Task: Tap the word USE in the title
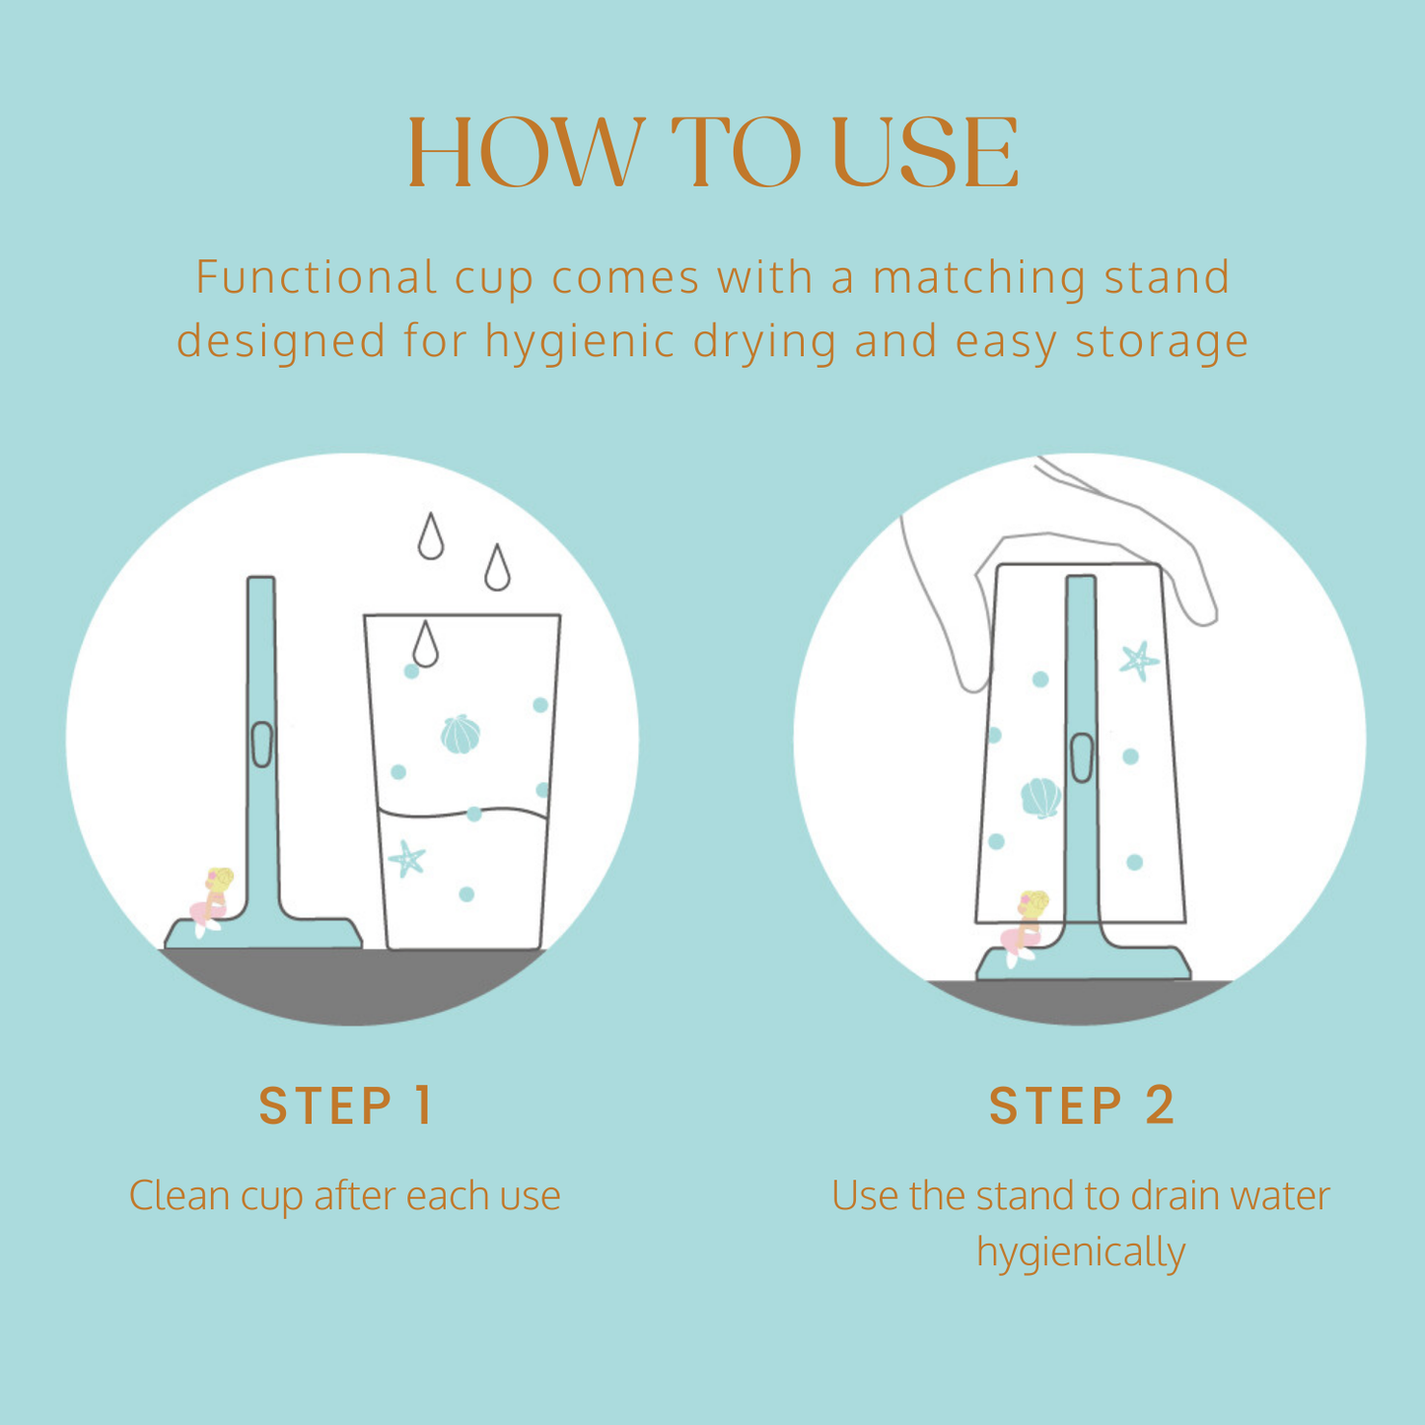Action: coord(925,152)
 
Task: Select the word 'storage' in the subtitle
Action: coord(1161,342)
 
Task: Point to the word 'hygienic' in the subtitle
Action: coord(580,342)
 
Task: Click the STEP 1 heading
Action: coord(345,1106)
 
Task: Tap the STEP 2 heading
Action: coord(1082,1106)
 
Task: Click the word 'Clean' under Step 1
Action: coord(178,1196)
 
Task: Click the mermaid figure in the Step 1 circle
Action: coord(211,901)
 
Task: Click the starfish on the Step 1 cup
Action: coord(406,859)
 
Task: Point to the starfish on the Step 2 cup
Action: coord(1139,661)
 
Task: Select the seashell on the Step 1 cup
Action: coord(460,735)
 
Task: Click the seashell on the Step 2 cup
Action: coord(1040,798)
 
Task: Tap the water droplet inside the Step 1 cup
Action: coord(425,644)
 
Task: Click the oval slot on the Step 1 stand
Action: coord(261,744)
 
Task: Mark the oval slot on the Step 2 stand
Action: coord(1082,757)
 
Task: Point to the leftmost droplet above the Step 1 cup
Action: coord(430,535)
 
